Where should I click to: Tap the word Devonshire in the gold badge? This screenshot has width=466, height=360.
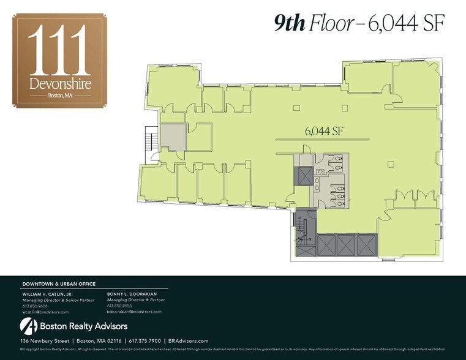coord(60,83)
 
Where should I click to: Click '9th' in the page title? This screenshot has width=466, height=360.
coord(290,23)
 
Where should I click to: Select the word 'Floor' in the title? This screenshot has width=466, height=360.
coord(331,23)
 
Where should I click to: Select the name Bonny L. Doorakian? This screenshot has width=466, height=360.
coord(133,294)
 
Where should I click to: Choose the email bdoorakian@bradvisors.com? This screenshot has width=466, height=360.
coord(134,312)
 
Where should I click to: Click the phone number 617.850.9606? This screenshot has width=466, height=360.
coord(35,306)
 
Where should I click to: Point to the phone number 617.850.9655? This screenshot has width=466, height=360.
coord(119,306)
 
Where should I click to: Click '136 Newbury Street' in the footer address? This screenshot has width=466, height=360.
coord(44,340)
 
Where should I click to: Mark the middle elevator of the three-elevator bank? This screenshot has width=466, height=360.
coord(345,246)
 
